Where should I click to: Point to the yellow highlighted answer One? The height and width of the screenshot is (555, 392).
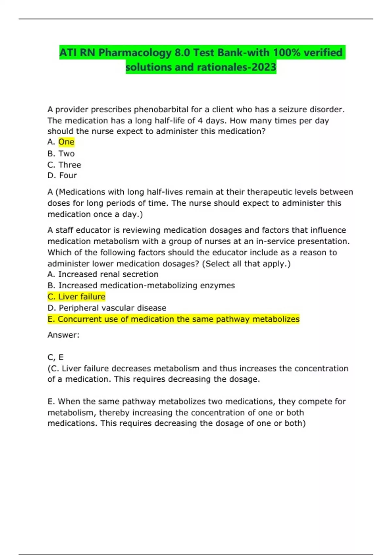tap(66, 142)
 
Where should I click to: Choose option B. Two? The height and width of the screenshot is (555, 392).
tap(61, 153)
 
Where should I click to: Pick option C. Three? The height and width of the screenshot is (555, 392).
tap(64, 165)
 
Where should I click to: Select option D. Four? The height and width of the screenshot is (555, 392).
tap(62, 176)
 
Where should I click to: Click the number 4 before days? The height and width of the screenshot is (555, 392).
tap(200, 120)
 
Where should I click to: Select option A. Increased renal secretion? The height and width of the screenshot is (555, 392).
tap(103, 274)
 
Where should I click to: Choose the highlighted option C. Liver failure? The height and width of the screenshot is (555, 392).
tap(76, 297)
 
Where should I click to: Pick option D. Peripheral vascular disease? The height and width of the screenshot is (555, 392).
tap(107, 308)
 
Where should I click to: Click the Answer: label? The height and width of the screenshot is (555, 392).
tap(63, 335)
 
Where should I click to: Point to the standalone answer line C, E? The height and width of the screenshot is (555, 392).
tap(56, 357)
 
